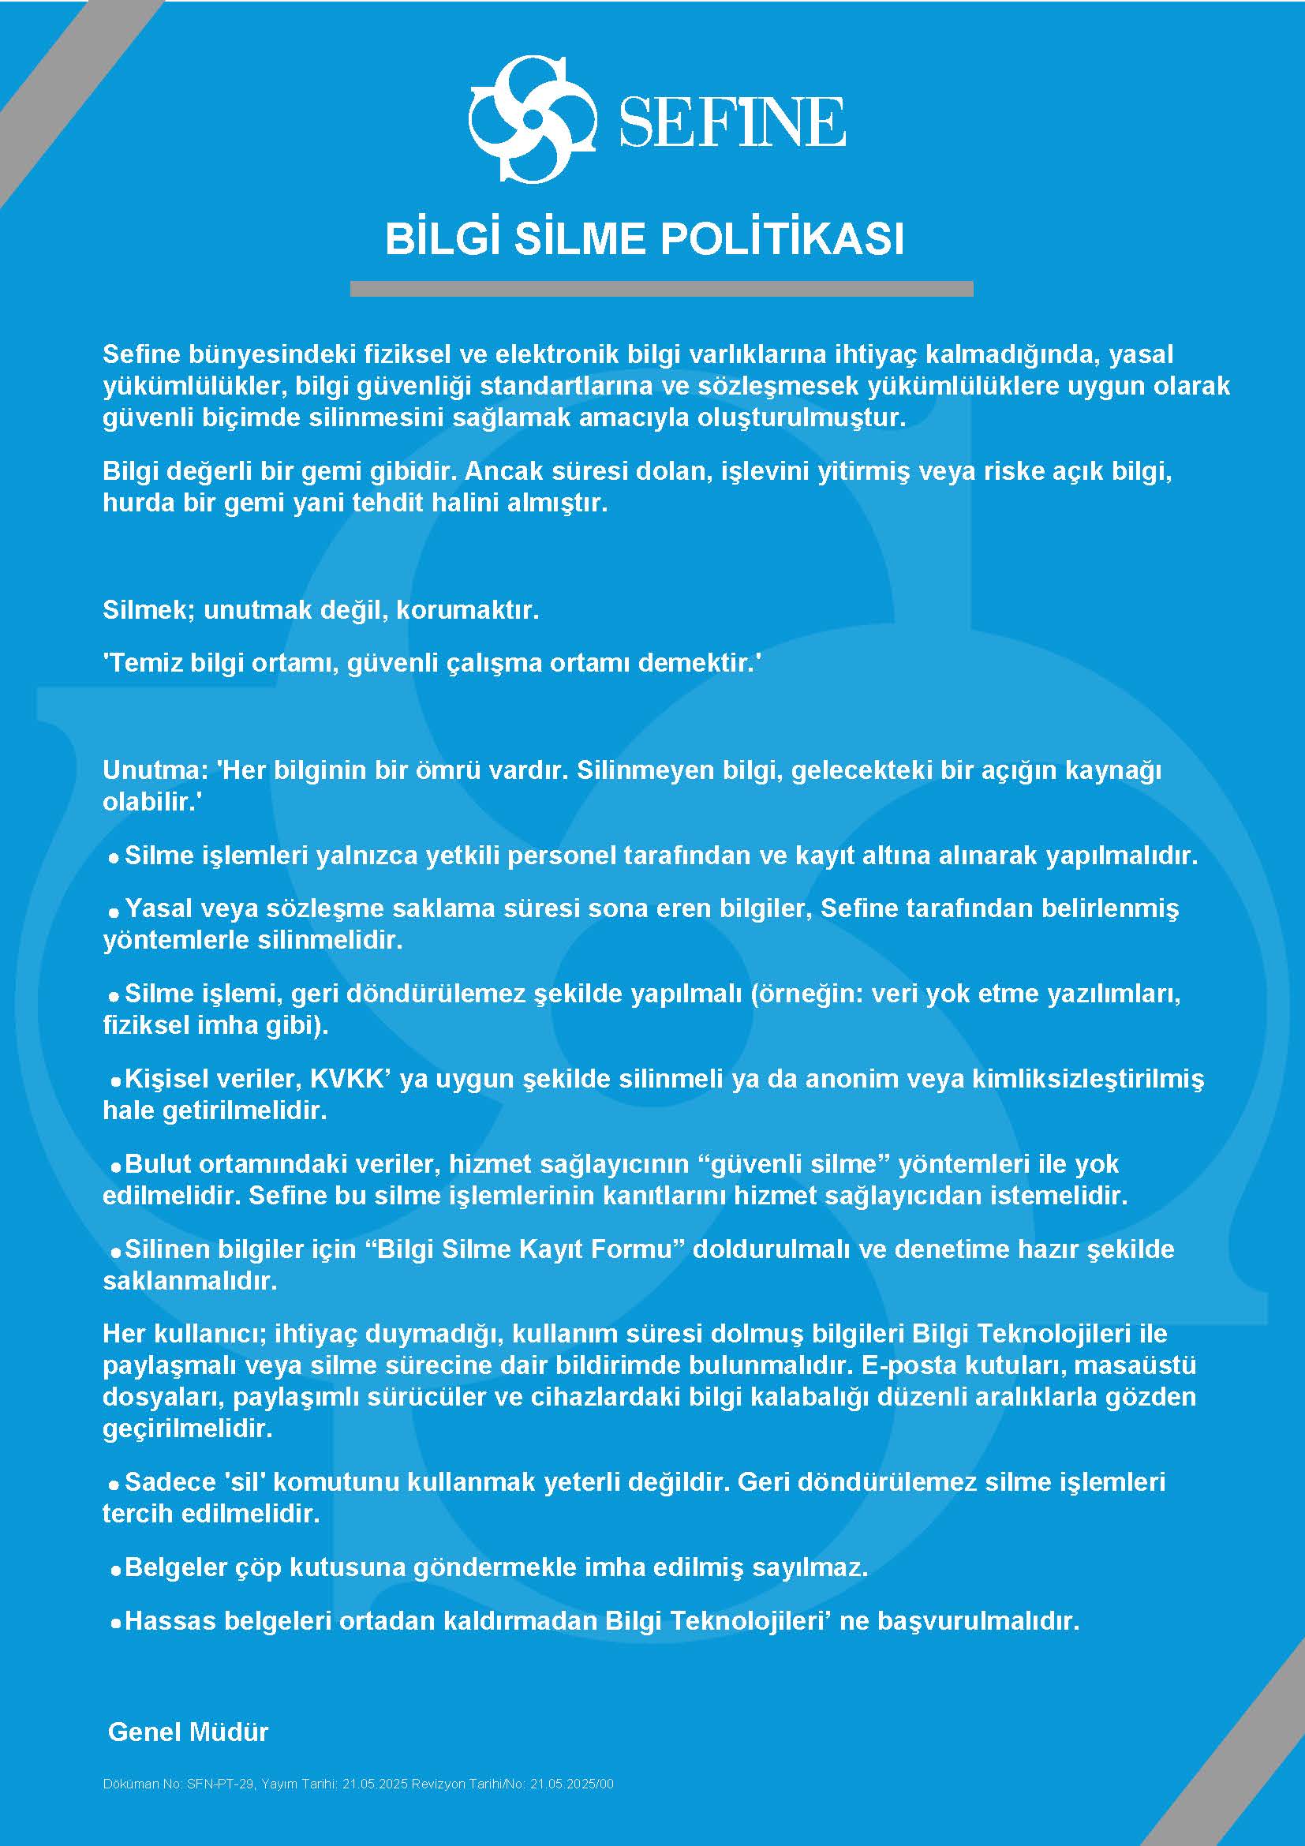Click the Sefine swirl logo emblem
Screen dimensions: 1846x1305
point(531,119)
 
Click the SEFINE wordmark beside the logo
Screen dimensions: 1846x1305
point(731,122)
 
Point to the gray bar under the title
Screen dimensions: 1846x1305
point(661,289)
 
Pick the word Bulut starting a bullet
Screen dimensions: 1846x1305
point(158,1163)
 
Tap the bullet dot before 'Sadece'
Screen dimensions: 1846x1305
point(115,1484)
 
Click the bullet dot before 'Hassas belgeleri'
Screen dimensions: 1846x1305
point(115,1623)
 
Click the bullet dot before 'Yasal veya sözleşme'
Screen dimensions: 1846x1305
point(115,910)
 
